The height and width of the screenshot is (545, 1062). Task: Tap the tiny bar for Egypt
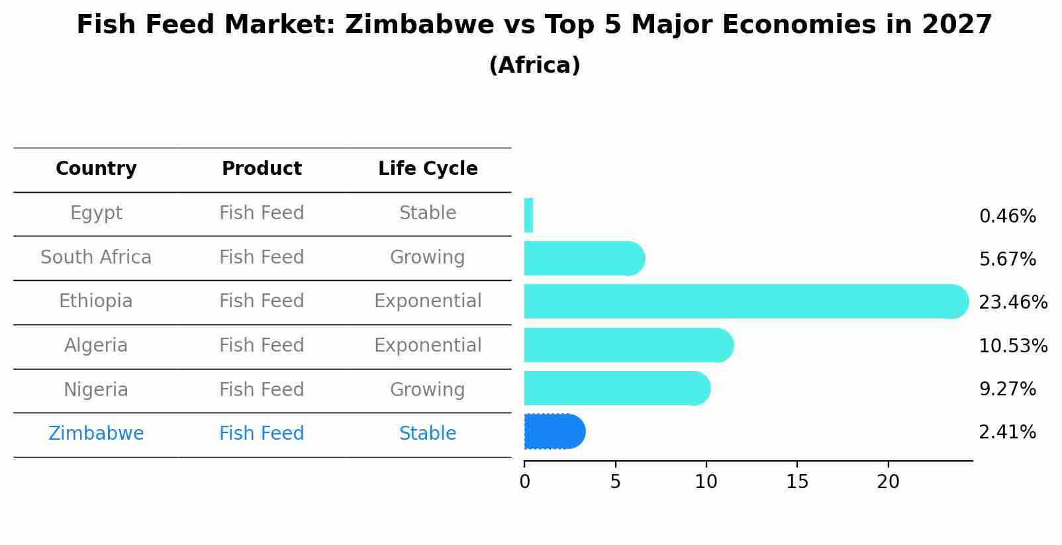pyautogui.click(x=528, y=215)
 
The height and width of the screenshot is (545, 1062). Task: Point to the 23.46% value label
pyautogui.click(x=1012, y=303)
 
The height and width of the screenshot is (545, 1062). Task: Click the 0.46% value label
pyautogui.click(x=1007, y=217)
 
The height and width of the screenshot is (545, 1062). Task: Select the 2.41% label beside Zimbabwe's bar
pyautogui.click(x=1007, y=432)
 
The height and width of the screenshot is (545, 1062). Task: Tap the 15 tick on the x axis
pyautogui.click(x=797, y=482)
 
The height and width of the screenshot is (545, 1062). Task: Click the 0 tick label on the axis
pyautogui.click(x=524, y=482)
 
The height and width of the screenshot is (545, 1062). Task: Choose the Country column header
pyautogui.click(x=96, y=169)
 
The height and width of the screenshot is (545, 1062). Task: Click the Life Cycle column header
pyautogui.click(x=428, y=169)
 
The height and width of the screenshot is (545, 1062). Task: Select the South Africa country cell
pyautogui.click(x=96, y=257)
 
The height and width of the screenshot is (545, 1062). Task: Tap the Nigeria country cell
pyautogui.click(x=96, y=389)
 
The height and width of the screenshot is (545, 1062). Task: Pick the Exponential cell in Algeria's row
pyautogui.click(x=428, y=345)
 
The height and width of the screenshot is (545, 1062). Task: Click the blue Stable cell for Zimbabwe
pyautogui.click(x=428, y=433)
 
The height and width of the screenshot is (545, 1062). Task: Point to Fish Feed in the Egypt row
pyautogui.click(x=262, y=213)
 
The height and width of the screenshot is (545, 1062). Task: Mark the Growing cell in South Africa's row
pyautogui.click(x=428, y=257)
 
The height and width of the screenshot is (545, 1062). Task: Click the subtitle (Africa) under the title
pyautogui.click(x=534, y=66)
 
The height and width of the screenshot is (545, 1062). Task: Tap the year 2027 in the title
pyautogui.click(x=957, y=25)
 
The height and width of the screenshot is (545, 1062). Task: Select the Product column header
pyautogui.click(x=262, y=169)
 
